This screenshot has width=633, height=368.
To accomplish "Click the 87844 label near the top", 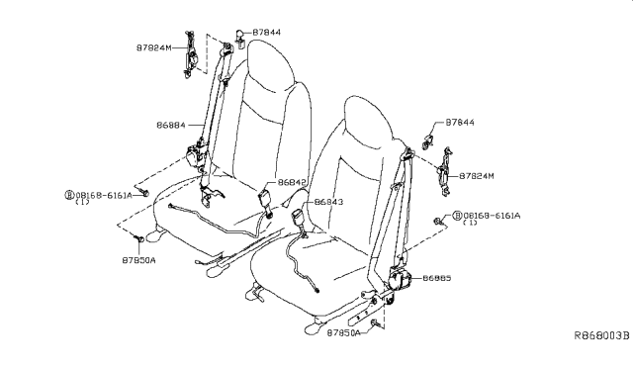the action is click(267, 33).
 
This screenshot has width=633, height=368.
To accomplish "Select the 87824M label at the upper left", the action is click(154, 47).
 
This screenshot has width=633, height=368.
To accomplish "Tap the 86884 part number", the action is click(171, 126).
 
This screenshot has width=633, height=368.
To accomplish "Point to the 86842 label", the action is click(292, 182).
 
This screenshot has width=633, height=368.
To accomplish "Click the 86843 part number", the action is click(328, 201).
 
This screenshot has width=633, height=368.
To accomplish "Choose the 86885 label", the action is click(437, 278).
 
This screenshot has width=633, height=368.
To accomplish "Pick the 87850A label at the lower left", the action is click(138, 260).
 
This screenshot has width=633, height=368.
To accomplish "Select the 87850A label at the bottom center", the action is click(343, 332).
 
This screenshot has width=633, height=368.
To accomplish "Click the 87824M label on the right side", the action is click(477, 176).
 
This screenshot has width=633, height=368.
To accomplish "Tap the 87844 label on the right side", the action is click(460, 122).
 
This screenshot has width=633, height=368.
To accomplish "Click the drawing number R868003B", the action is click(602, 335).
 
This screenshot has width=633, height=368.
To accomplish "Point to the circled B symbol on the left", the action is click(69, 195).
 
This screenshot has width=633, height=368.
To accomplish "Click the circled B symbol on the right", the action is click(457, 216).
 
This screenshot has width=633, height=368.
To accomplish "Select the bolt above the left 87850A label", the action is click(138, 238).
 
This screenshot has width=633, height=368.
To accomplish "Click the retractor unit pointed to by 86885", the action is click(399, 280).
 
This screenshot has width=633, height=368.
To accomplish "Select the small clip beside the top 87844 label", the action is click(239, 38).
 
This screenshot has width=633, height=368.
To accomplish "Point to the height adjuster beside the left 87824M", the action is click(191, 54).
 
